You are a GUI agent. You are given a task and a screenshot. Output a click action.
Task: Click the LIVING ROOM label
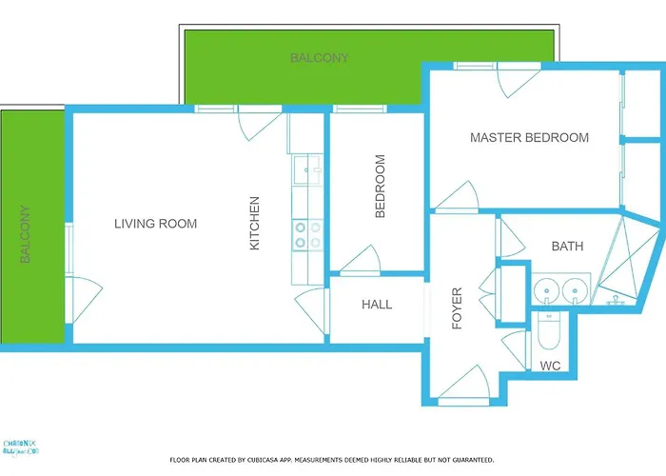click(155, 224)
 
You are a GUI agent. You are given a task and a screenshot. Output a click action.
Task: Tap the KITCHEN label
click(254, 224)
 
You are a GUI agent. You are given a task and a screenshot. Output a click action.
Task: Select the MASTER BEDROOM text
click(529, 138)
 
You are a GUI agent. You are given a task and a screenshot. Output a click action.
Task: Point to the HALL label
click(377, 305)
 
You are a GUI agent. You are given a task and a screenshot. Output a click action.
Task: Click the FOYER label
click(457, 307)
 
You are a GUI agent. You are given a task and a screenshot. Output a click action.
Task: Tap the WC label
click(550, 366)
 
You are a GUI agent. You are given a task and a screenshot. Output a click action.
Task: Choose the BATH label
click(567, 247)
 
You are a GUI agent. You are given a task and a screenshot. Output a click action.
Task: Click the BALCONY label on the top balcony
click(319, 58)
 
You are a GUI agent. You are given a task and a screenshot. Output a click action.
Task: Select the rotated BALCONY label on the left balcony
click(26, 235)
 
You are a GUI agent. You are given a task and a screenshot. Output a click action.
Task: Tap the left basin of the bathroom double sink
click(545, 289)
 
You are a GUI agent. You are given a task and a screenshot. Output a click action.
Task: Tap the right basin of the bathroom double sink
click(573, 289)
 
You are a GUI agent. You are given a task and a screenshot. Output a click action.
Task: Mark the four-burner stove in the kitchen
click(306, 234)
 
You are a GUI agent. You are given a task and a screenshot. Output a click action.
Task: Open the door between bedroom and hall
click(362, 261)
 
